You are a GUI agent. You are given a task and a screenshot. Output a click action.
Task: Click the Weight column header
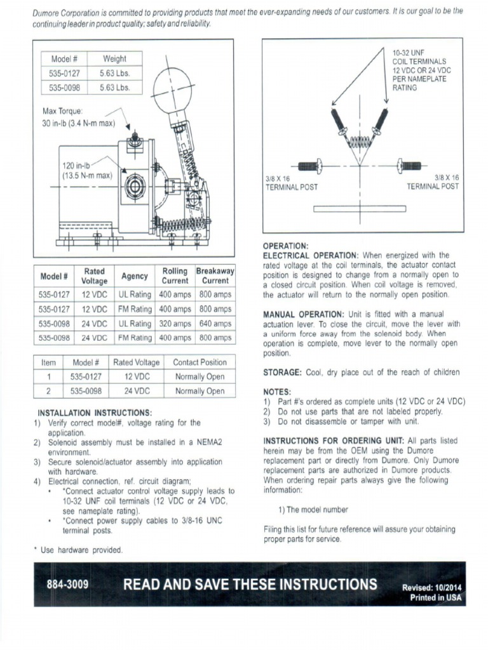coord(114,59)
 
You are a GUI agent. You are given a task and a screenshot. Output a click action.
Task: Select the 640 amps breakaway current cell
coord(215,324)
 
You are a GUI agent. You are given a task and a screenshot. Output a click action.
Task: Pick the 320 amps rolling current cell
coord(175,324)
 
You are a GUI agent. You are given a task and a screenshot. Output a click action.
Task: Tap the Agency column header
coord(134,276)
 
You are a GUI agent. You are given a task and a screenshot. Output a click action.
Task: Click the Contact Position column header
coord(200,362)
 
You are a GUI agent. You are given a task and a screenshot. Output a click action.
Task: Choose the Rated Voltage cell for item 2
coord(137,391)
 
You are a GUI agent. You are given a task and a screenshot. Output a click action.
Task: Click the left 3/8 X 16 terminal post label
coord(291,183)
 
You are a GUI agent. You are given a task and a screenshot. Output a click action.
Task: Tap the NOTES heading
coord(277,392)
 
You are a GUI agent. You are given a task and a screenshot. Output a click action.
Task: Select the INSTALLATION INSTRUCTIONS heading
coord(95,412)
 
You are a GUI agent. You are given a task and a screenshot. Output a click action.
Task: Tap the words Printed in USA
coord(435,597)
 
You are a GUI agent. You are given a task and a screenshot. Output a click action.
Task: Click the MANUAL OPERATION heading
coord(302,314)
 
